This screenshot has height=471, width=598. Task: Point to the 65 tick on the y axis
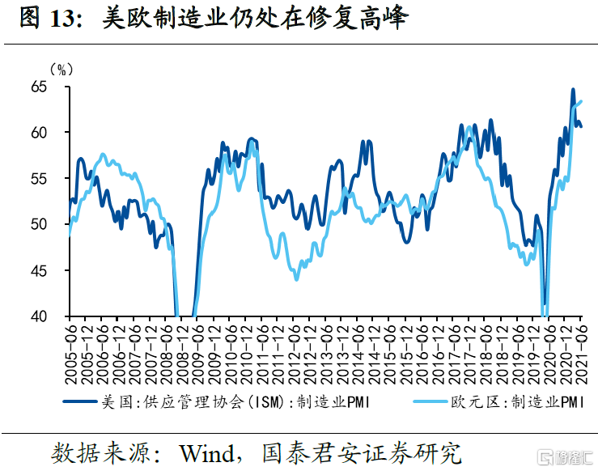point(49,86)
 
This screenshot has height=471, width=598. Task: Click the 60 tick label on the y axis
point(49,132)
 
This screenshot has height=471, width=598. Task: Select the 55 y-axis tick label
point(49,178)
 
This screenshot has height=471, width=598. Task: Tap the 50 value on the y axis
point(49,224)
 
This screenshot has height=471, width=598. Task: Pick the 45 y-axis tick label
point(49,270)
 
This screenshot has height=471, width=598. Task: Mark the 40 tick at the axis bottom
point(49,316)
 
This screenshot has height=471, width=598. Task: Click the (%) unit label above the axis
point(61,70)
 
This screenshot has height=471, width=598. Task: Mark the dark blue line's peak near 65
point(573,90)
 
